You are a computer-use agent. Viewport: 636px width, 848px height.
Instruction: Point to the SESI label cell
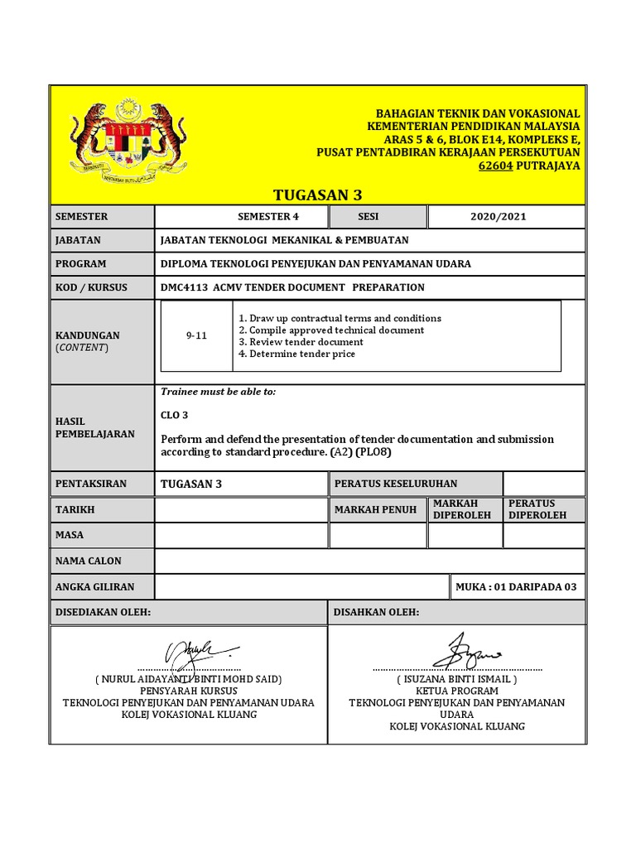click(368, 217)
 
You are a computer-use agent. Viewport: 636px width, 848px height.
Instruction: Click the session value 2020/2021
click(498, 217)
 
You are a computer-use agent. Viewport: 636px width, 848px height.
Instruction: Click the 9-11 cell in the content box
click(196, 335)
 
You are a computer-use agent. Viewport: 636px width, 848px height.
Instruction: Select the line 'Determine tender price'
click(296, 354)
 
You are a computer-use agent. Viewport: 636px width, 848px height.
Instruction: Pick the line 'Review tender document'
click(300, 342)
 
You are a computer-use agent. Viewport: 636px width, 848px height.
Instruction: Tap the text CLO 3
click(174, 415)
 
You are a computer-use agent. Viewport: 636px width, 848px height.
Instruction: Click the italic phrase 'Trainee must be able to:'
click(218, 392)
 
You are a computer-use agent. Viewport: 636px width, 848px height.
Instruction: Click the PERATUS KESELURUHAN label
click(395, 484)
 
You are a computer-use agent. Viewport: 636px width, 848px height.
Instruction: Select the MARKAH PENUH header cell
click(375, 509)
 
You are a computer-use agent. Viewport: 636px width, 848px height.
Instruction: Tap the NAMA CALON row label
click(88, 561)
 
